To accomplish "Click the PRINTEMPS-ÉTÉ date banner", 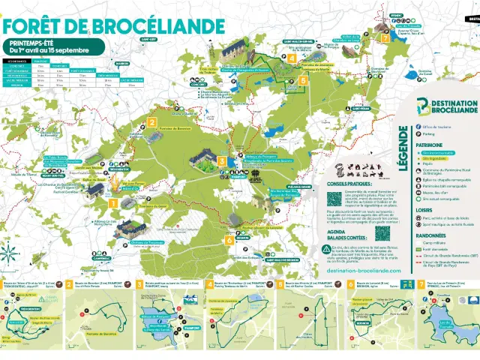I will (x=46, y=47).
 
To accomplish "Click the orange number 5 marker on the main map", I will (x=303, y=80).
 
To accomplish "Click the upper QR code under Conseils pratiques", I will (x=334, y=198).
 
